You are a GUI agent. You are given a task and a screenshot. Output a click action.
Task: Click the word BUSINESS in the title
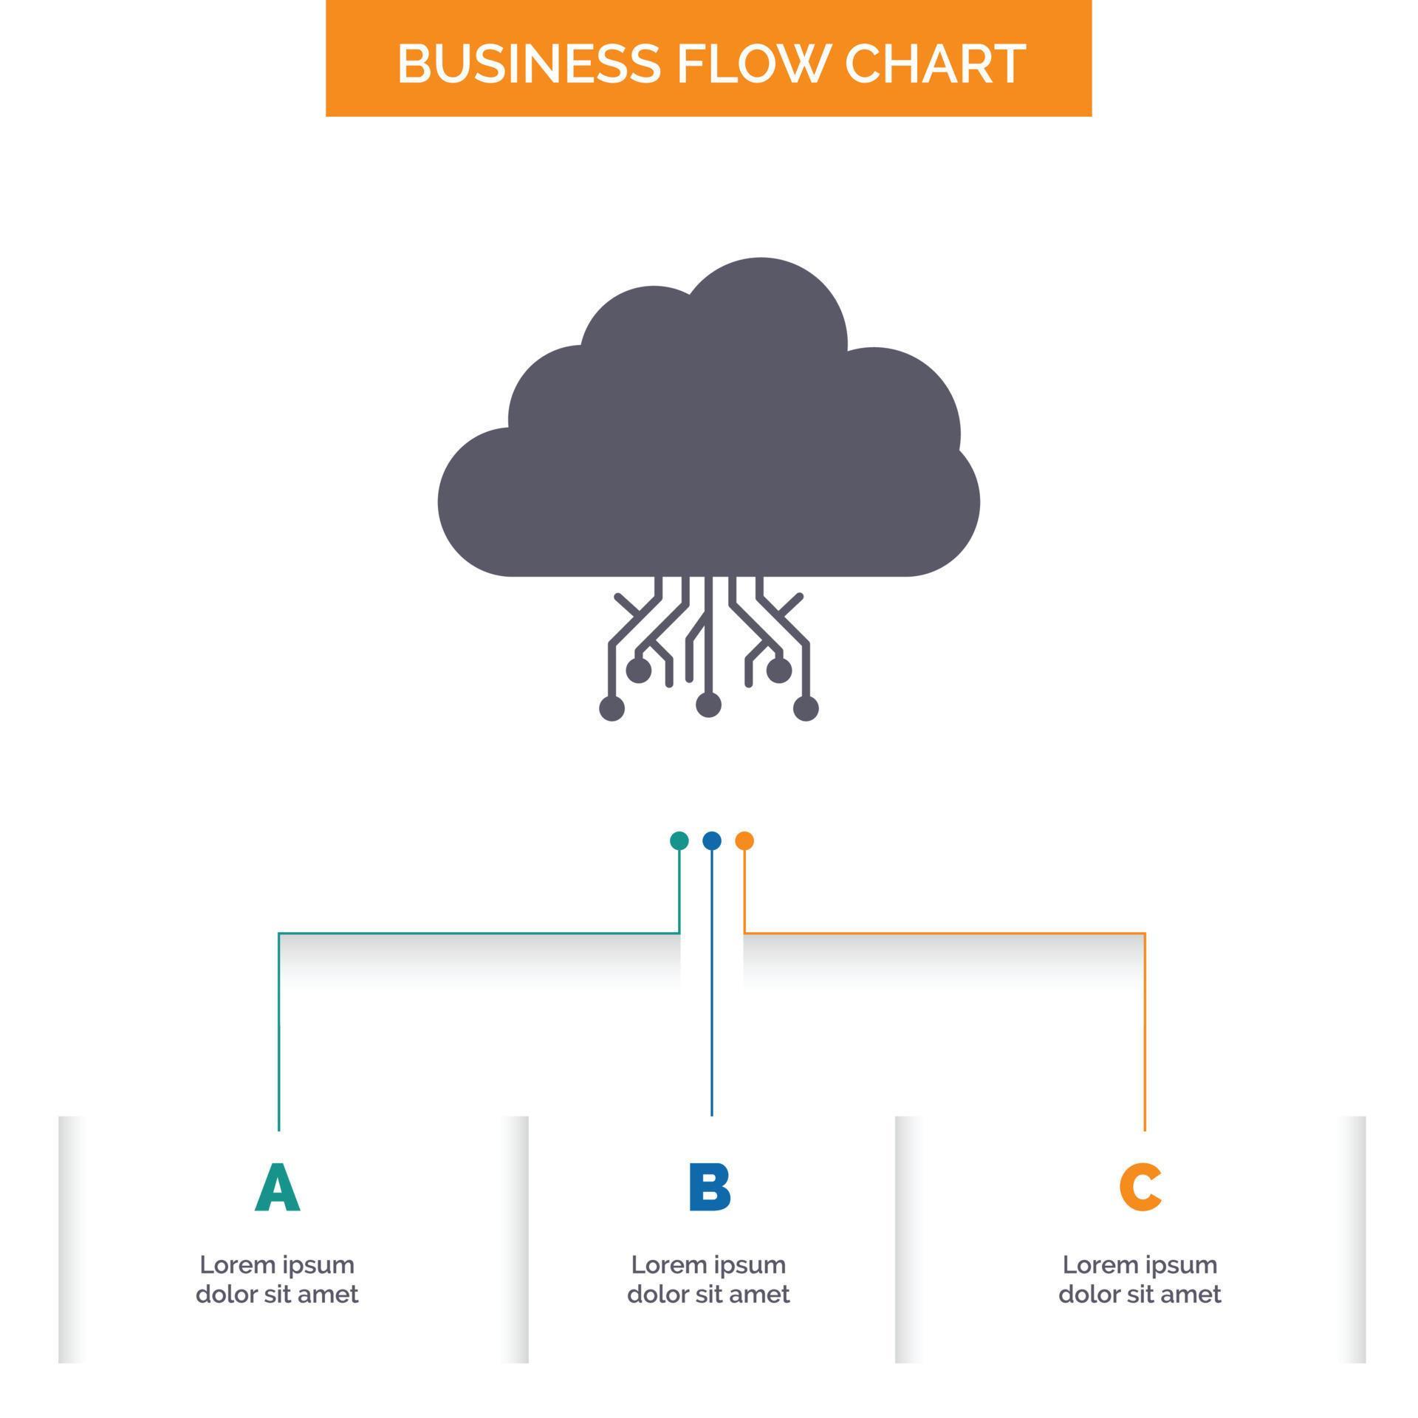528,64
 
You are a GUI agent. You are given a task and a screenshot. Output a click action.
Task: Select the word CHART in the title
935,64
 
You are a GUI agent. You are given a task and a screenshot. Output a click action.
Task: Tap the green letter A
278,1187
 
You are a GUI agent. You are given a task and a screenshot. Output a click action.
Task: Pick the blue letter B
709,1187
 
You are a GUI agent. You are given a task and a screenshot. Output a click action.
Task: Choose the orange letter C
1140,1187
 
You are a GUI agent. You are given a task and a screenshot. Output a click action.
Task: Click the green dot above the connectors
679,840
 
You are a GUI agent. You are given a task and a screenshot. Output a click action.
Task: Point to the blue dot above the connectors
712,840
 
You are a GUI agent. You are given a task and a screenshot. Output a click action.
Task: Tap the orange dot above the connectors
744,840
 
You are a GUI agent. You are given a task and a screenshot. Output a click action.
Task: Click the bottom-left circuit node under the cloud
612,708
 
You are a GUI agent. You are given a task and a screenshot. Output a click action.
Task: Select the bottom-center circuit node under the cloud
708,705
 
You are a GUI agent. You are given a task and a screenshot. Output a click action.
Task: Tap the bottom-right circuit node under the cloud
806,708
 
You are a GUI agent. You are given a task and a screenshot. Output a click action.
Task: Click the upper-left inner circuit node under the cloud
639,671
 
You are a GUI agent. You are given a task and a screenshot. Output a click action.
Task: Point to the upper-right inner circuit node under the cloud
779,671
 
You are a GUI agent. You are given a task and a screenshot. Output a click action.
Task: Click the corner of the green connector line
279,934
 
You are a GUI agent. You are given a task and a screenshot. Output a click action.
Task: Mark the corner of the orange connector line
1145,934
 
